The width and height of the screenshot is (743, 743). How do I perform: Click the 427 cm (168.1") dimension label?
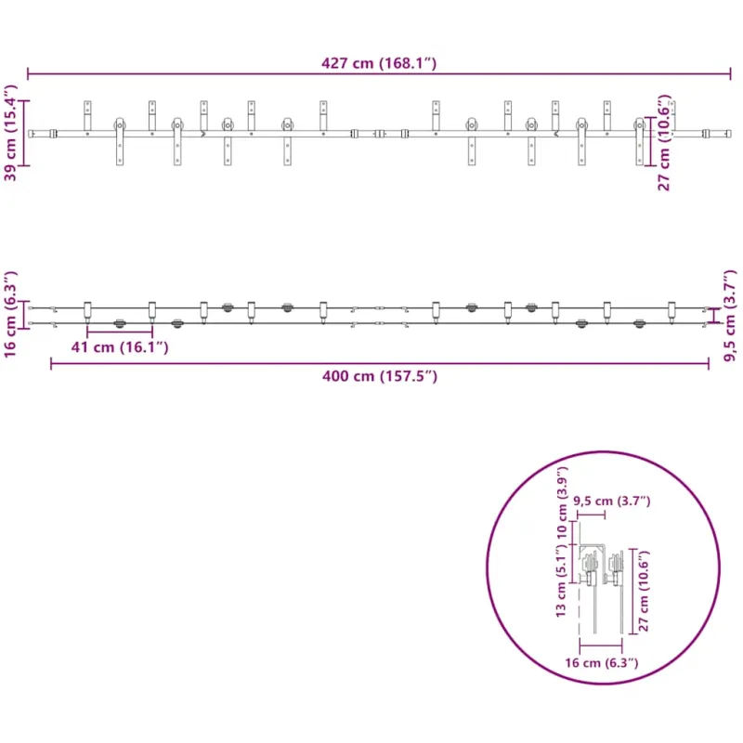pyautogui.click(x=379, y=63)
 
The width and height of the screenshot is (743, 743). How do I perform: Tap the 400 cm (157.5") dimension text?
pyautogui.click(x=380, y=376)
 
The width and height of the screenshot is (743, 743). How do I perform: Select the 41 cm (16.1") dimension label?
pyautogui.click(x=120, y=347)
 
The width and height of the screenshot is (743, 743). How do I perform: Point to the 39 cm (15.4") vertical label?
pyautogui.click(x=10, y=133)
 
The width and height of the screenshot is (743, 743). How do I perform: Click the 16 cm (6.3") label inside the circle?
pyautogui.click(x=601, y=662)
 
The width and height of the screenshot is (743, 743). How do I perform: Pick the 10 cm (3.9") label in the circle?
pyautogui.click(x=562, y=502)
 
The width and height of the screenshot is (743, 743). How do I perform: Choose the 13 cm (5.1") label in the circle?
pyautogui.click(x=561, y=580)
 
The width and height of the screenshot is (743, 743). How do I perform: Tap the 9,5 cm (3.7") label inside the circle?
pyautogui.click(x=612, y=501)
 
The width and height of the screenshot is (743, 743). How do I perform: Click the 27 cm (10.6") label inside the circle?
pyautogui.click(x=644, y=591)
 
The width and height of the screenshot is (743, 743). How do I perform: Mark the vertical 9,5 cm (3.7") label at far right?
pyautogui.click(x=730, y=316)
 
